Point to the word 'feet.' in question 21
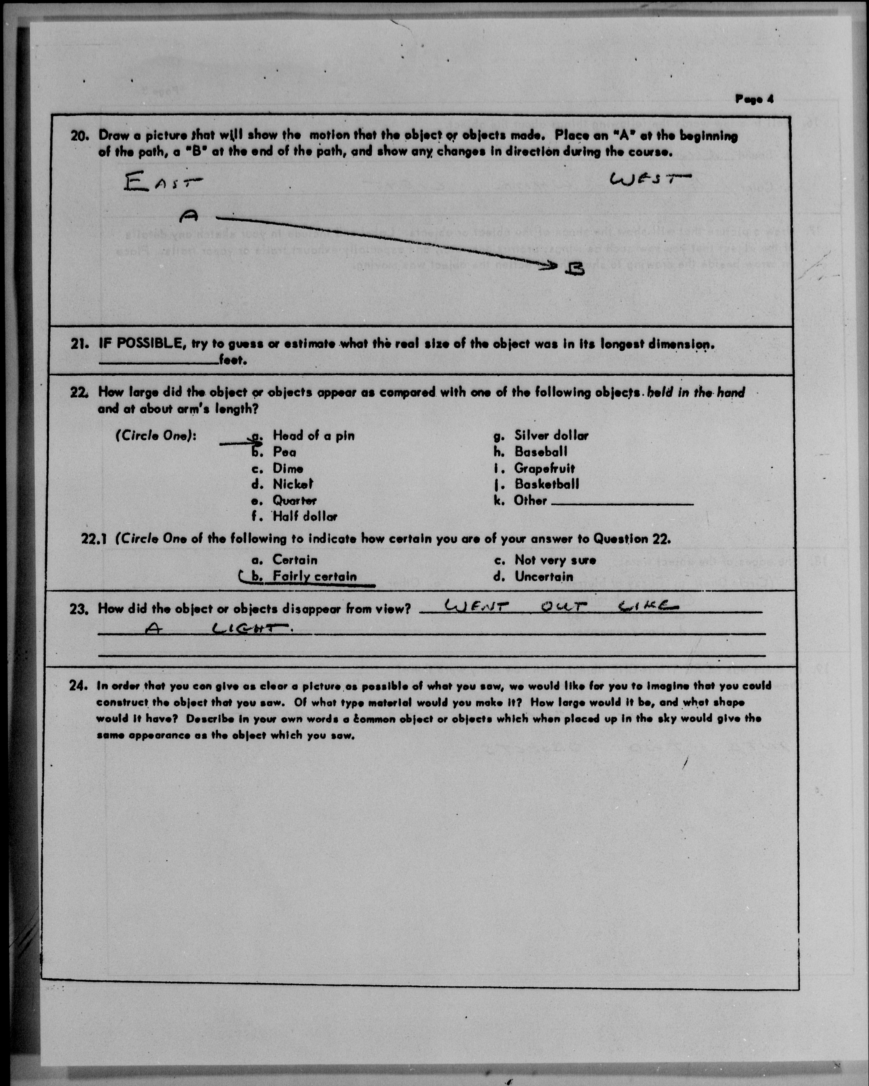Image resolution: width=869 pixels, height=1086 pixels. pos(233,361)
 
